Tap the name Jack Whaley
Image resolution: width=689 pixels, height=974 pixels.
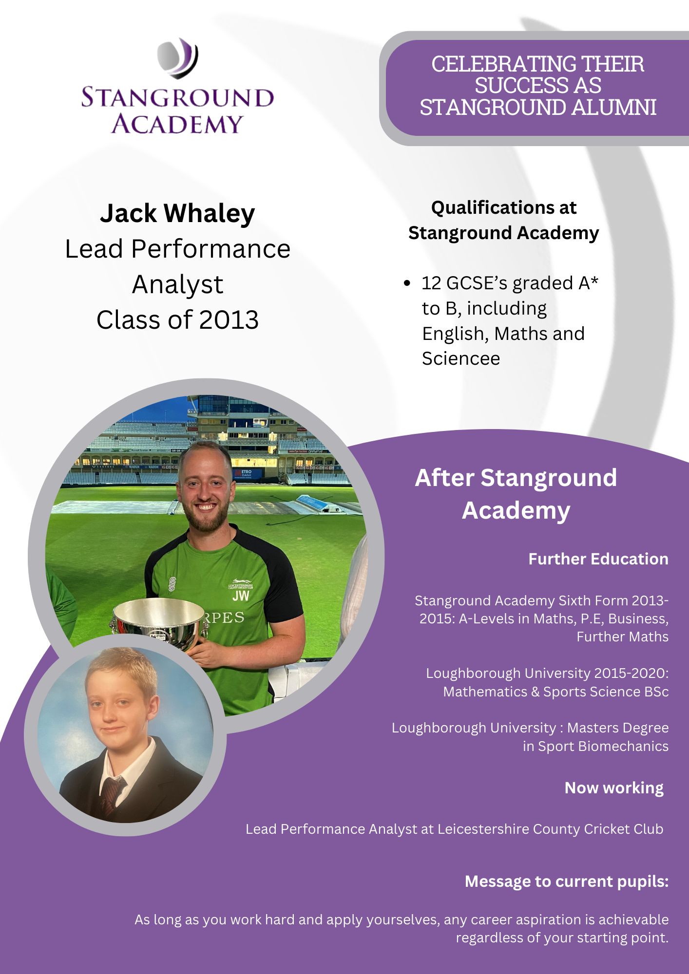(x=177, y=213)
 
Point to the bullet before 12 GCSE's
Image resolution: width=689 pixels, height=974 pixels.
(x=407, y=283)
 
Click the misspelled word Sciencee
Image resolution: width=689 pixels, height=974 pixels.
(x=461, y=359)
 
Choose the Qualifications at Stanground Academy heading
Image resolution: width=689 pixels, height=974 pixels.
(x=503, y=220)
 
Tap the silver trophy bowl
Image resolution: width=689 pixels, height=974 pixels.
(x=159, y=621)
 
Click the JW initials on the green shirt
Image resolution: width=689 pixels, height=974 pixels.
(x=241, y=596)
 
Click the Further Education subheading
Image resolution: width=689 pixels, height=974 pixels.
(x=598, y=559)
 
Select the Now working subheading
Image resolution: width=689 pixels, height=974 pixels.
(x=614, y=788)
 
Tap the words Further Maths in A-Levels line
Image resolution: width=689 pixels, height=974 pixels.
(x=622, y=637)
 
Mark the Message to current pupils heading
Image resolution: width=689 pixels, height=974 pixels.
(x=567, y=881)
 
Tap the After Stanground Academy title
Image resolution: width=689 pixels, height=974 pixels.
(x=516, y=494)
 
